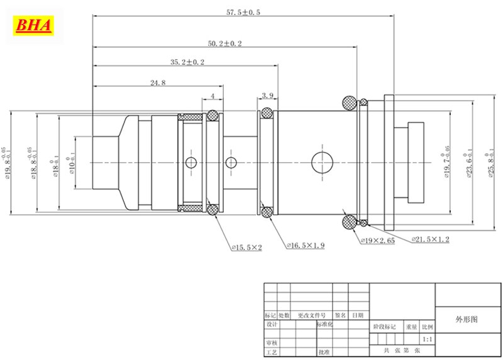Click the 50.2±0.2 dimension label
tap(225, 43)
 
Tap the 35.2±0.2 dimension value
tap(188, 62)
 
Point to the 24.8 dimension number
tap(158, 82)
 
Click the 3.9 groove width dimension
tap(267, 95)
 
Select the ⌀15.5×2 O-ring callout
tap(246, 248)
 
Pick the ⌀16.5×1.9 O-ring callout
tap(305, 245)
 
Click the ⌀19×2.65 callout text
tap(377, 241)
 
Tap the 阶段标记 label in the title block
tap(385, 327)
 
